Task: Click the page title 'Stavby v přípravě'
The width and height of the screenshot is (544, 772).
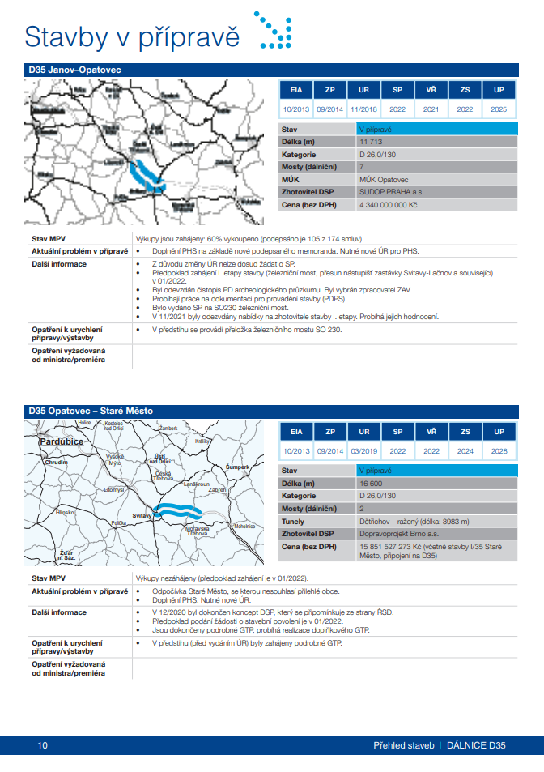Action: coord(133,36)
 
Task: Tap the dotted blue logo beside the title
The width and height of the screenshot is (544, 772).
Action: coord(274,31)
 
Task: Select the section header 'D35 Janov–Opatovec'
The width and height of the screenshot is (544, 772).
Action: coord(74,70)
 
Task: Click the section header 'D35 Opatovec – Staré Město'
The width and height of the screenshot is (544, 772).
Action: coord(91,412)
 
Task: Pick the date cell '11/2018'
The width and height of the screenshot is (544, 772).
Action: coord(363,109)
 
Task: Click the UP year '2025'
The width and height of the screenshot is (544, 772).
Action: coord(499,109)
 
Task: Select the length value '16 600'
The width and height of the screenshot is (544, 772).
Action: coord(371,483)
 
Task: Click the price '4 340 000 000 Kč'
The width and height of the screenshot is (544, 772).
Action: coord(388,205)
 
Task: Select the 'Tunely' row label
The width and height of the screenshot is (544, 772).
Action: coord(293,521)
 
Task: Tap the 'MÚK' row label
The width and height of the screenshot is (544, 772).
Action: coord(291,180)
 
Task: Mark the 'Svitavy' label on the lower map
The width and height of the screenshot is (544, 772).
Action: coord(143,515)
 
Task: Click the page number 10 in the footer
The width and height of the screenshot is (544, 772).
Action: coord(42,744)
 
